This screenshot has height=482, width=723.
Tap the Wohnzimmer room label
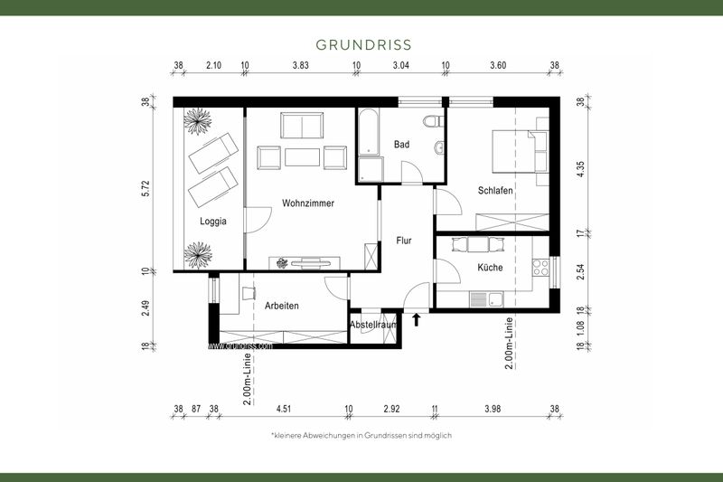pyautogui.click(x=307, y=203)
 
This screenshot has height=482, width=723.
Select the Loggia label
pyautogui.click(x=213, y=221)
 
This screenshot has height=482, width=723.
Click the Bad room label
pyautogui.click(x=402, y=145)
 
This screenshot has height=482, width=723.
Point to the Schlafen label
pyautogui.click(x=495, y=191)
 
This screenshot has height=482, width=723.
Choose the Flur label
pyautogui.click(x=404, y=241)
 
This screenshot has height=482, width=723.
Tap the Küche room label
pyautogui.click(x=490, y=268)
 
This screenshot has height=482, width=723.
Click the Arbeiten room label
pyautogui.click(x=281, y=306)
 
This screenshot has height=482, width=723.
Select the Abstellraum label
pyautogui.click(x=372, y=325)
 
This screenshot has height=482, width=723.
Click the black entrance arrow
pyautogui.click(x=416, y=318)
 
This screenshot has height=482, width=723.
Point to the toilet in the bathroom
pyautogui.click(x=433, y=121)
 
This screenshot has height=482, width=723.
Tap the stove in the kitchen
pyautogui.click(x=540, y=268)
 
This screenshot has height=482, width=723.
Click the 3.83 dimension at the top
pyautogui.click(x=301, y=66)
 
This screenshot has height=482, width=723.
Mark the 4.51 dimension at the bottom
pyautogui.click(x=283, y=409)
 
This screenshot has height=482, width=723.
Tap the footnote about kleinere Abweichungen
pyautogui.click(x=361, y=435)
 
